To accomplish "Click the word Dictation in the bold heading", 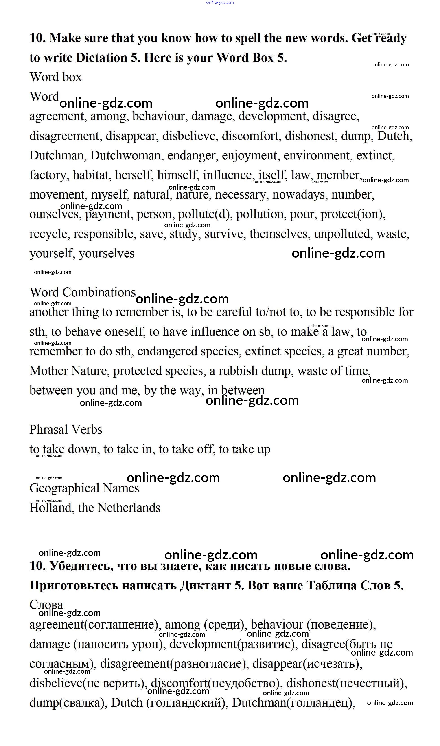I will (x=101, y=57).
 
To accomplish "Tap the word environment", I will (x=317, y=155).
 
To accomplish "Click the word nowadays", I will (x=300, y=195).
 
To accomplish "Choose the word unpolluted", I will (x=342, y=234).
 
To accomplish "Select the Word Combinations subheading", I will (x=82, y=292).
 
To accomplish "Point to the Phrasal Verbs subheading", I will (x=66, y=429).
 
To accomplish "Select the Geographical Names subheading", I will (x=84, y=488).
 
